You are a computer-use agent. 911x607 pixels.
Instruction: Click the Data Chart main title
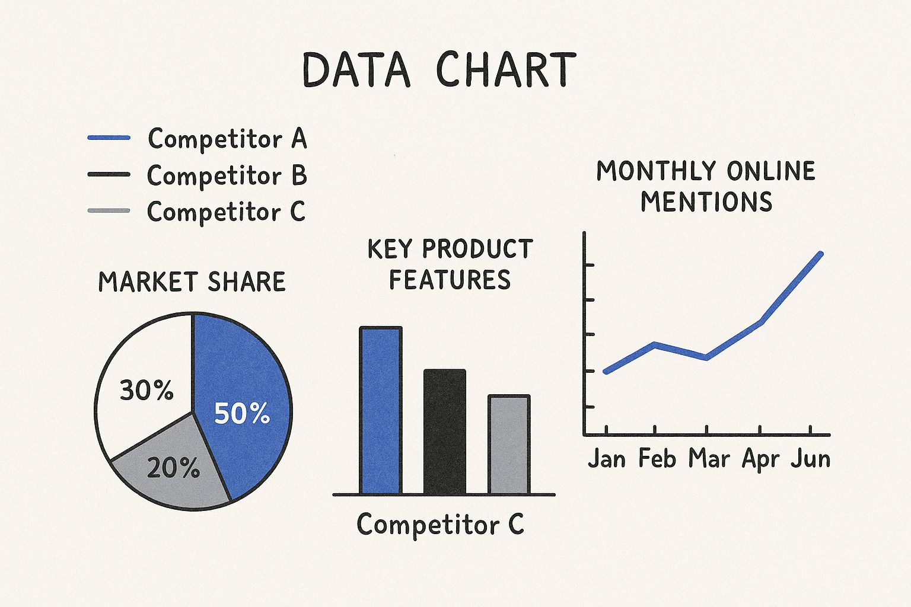(439, 69)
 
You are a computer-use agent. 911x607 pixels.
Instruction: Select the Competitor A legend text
(227, 139)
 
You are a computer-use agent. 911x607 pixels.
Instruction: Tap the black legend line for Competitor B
(109, 174)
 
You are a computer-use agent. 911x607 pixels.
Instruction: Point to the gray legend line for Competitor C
(109, 210)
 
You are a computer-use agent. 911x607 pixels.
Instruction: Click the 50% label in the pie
(242, 414)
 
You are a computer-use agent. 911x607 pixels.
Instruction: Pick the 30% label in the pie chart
(147, 390)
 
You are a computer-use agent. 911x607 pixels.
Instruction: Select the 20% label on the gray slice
(173, 468)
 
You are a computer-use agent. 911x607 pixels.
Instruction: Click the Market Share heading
(192, 282)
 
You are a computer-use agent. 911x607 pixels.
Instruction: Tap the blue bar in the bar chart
(381, 410)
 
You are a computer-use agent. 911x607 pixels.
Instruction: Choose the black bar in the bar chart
(444, 432)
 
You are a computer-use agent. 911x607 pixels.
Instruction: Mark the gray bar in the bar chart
(509, 445)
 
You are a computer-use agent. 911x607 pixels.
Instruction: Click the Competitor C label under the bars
(441, 525)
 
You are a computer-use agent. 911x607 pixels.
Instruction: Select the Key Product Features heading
(450, 264)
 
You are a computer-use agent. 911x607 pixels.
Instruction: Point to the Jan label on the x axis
(607, 459)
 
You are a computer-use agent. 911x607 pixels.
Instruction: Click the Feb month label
(657, 459)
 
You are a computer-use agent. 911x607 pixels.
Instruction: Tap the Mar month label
(709, 459)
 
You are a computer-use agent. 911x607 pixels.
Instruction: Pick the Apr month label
(760, 460)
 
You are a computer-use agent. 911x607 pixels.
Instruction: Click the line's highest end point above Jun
(821, 254)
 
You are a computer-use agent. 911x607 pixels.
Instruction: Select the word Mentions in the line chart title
(706, 202)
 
